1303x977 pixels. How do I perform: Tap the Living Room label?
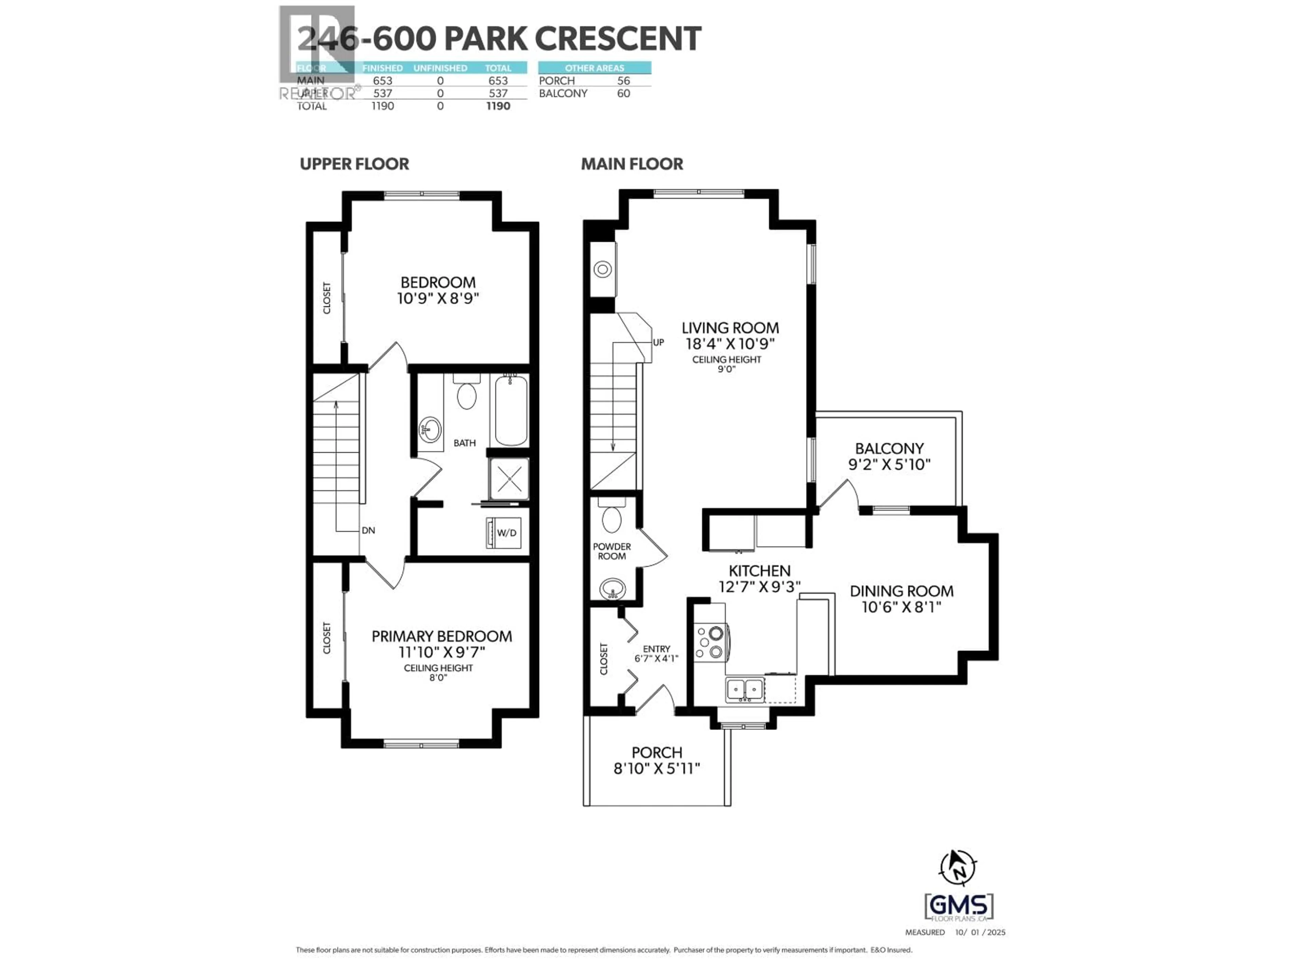click(730, 328)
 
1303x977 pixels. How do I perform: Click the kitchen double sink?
click(745, 688)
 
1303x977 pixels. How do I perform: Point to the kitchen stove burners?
click(710, 643)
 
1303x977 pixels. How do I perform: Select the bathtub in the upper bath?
click(511, 411)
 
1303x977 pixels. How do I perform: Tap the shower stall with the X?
click(509, 479)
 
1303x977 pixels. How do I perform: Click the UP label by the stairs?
click(659, 342)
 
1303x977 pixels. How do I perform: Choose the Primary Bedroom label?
click(441, 637)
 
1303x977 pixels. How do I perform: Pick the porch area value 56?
click(623, 81)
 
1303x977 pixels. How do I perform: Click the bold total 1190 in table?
click(498, 106)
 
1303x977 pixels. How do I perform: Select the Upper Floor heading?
click(354, 164)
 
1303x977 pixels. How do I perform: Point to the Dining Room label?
click(901, 591)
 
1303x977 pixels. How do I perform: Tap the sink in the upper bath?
click(430, 430)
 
